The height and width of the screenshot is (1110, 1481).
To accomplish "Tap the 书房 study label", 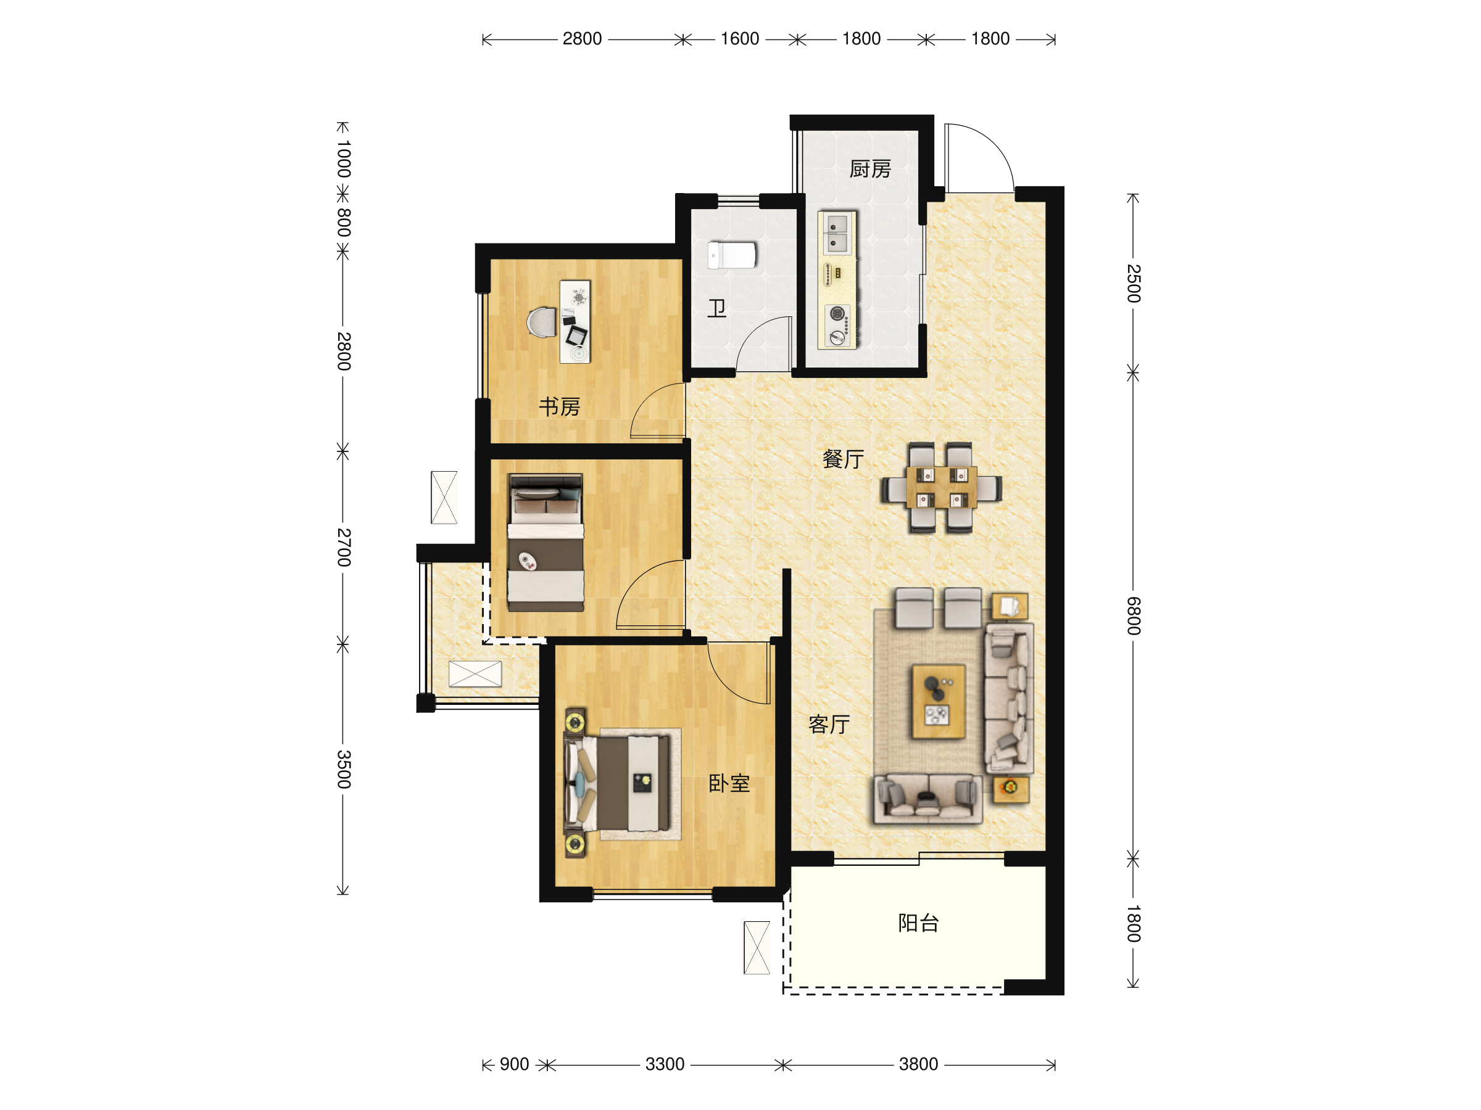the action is pos(559,406).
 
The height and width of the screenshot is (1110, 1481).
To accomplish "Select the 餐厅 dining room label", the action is pos(843,459).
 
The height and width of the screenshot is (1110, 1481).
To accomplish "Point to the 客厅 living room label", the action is pos(829,724).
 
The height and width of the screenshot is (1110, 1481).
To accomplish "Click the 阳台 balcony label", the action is pos(918,923).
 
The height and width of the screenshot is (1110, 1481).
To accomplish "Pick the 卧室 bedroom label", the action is pos(729,784).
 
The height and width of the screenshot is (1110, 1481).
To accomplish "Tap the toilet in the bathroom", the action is pos(732,255).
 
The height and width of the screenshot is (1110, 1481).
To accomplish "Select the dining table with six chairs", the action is pos(941,487).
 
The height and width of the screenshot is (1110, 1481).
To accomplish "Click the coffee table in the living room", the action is pos(938,701).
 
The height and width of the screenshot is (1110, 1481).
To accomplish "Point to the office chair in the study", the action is pos(542,323).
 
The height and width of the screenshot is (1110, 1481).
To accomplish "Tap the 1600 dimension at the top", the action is pos(739,39).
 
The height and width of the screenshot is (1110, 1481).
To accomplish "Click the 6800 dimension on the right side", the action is pos(1133,615).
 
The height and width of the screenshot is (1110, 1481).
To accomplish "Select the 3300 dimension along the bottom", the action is pos(664,1064).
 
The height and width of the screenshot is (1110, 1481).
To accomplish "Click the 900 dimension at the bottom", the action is pos(514,1064).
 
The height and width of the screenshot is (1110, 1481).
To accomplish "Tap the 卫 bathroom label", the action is pos(717,308).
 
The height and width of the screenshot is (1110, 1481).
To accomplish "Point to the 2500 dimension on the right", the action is pos(1133,283).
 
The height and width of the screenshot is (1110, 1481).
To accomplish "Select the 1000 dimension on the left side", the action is pos(344,159).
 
